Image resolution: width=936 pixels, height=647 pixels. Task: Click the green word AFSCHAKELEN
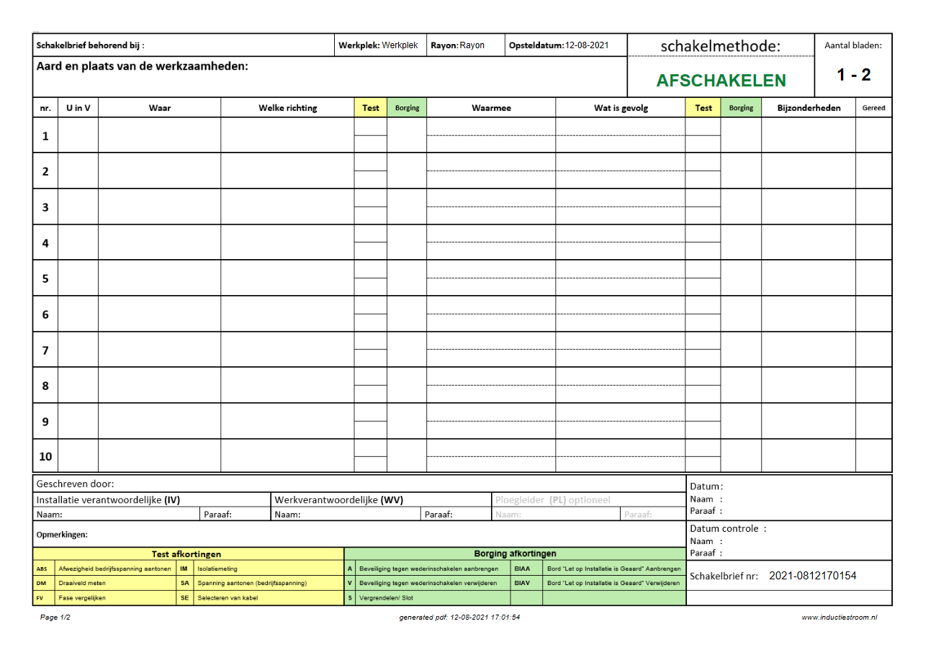click(x=721, y=81)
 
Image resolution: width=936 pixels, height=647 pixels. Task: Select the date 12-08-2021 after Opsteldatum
click(x=587, y=45)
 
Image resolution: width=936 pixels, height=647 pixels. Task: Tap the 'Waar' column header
click(x=159, y=108)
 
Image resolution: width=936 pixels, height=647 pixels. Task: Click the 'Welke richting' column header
click(x=287, y=108)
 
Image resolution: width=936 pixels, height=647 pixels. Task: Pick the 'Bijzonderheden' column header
click(x=809, y=108)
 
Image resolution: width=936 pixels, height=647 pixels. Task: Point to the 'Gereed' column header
click(x=873, y=108)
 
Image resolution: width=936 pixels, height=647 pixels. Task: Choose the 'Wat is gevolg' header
click(x=621, y=108)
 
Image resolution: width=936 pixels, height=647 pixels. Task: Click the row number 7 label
click(x=45, y=350)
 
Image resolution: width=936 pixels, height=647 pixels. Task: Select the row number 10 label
click(x=45, y=456)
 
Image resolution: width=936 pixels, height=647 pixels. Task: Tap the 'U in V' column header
click(x=78, y=108)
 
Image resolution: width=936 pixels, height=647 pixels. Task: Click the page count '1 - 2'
click(x=853, y=75)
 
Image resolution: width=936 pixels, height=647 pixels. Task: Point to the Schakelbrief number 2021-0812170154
click(x=812, y=576)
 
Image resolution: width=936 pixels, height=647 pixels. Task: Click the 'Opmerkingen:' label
click(x=62, y=535)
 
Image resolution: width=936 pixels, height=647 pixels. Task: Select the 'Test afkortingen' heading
click(x=186, y=554)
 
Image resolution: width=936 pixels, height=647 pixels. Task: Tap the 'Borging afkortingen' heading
click(x=515, y=554)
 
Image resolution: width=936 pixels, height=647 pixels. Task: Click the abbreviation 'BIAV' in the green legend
click(x=522, y=583)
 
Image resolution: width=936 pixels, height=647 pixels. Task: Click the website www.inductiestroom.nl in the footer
click(x=839, y=617)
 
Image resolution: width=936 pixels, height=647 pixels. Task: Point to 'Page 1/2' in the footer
click(x=55, y=617)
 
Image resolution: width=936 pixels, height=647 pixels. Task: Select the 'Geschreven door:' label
click(x=75, y=484)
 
